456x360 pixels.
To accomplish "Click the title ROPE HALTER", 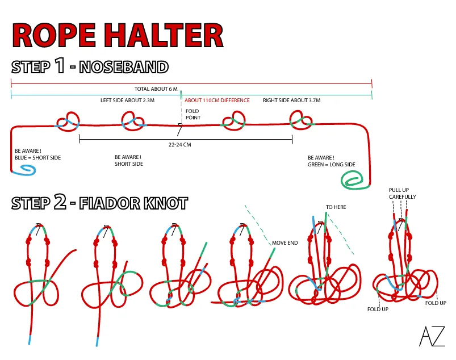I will pyautogui.click(x=118, y=35).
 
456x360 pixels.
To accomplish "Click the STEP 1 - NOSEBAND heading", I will pyautogui.click(x=90, y=66).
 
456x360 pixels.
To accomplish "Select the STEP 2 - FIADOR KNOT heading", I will pyautogui.click(x=99, y=203).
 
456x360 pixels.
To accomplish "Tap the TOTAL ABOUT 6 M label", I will pyautogui.click(x=156, y=89).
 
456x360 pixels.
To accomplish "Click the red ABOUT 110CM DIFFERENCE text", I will pyautogui.click(x=217, y=101).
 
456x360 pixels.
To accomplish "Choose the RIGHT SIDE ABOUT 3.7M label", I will pyautogui.click(x=291, y=101).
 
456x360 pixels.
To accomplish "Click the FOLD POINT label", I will pyautogui.click(x=193, y=114).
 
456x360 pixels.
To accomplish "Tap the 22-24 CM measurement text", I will pyautogui.click(x=179, y=145).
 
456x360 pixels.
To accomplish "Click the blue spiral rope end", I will pyautogui.click(x=26, y=169).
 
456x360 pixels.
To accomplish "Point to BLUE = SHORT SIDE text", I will pyautogui.click(x=37, y=158).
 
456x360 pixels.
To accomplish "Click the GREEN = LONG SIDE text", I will pyautogui.click(x=331, y=165).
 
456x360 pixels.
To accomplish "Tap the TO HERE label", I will pyautogui.click(x=336, y=207).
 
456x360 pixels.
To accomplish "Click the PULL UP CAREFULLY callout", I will pyautogui.click(x=402, y=193).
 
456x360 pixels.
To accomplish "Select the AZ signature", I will pyautogui.click(x=432, y=337).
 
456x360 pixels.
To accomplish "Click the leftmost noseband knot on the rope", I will pyautogui.click(x=68, y=120).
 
